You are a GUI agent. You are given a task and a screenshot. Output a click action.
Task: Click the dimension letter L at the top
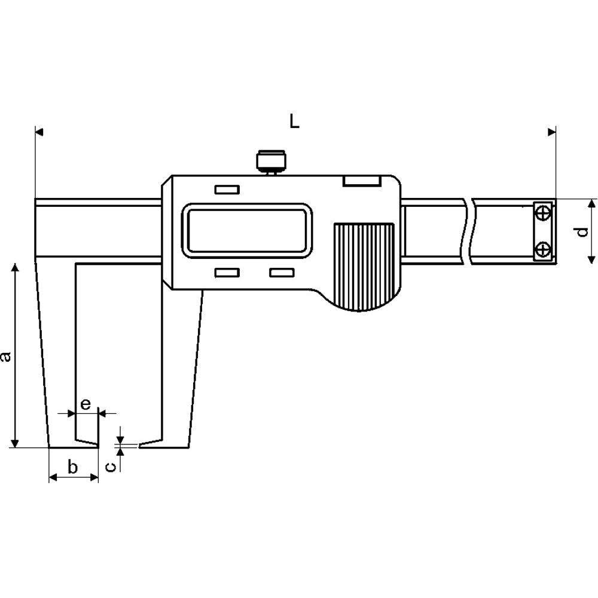(x=294, y=121)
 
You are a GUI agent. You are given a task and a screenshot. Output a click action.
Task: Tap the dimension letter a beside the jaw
(x=5, y=357)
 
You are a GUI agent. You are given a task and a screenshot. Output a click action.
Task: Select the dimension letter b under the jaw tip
(x=72, y=466)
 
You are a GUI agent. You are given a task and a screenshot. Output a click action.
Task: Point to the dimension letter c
(x=110, y=466)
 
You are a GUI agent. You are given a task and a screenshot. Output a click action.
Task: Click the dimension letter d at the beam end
(x=582, y=232)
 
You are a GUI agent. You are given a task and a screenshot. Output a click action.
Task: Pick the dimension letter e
(x=86, y=404)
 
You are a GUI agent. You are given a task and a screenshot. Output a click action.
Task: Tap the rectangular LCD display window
(x=247, y=230)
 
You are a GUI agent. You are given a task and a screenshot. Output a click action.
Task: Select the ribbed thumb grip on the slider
(x=364, y=267)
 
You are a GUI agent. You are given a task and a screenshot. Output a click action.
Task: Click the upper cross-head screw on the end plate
(x=543, y=213)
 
